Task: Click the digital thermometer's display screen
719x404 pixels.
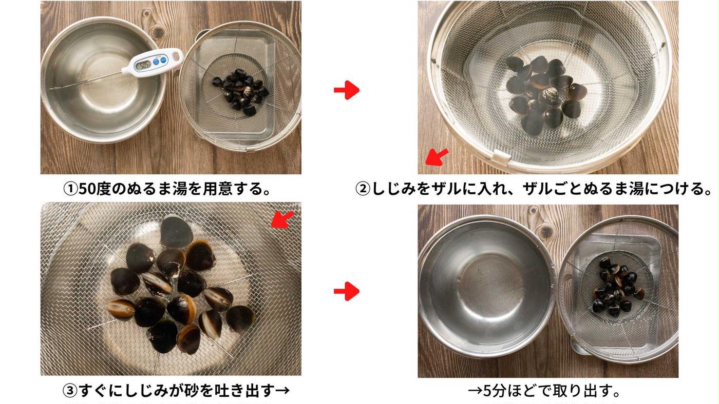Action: (x=144, y=65)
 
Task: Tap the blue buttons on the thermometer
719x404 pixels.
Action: (x=159, y=61)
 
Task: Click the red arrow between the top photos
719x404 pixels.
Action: (x=347, y=90)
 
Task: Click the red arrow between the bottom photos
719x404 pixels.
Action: (x=347, y=291)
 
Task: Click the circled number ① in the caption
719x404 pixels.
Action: (x=70, y=189)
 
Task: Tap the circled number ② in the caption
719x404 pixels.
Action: (x=363, y=189)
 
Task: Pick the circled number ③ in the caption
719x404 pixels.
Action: (x=70, y=391)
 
